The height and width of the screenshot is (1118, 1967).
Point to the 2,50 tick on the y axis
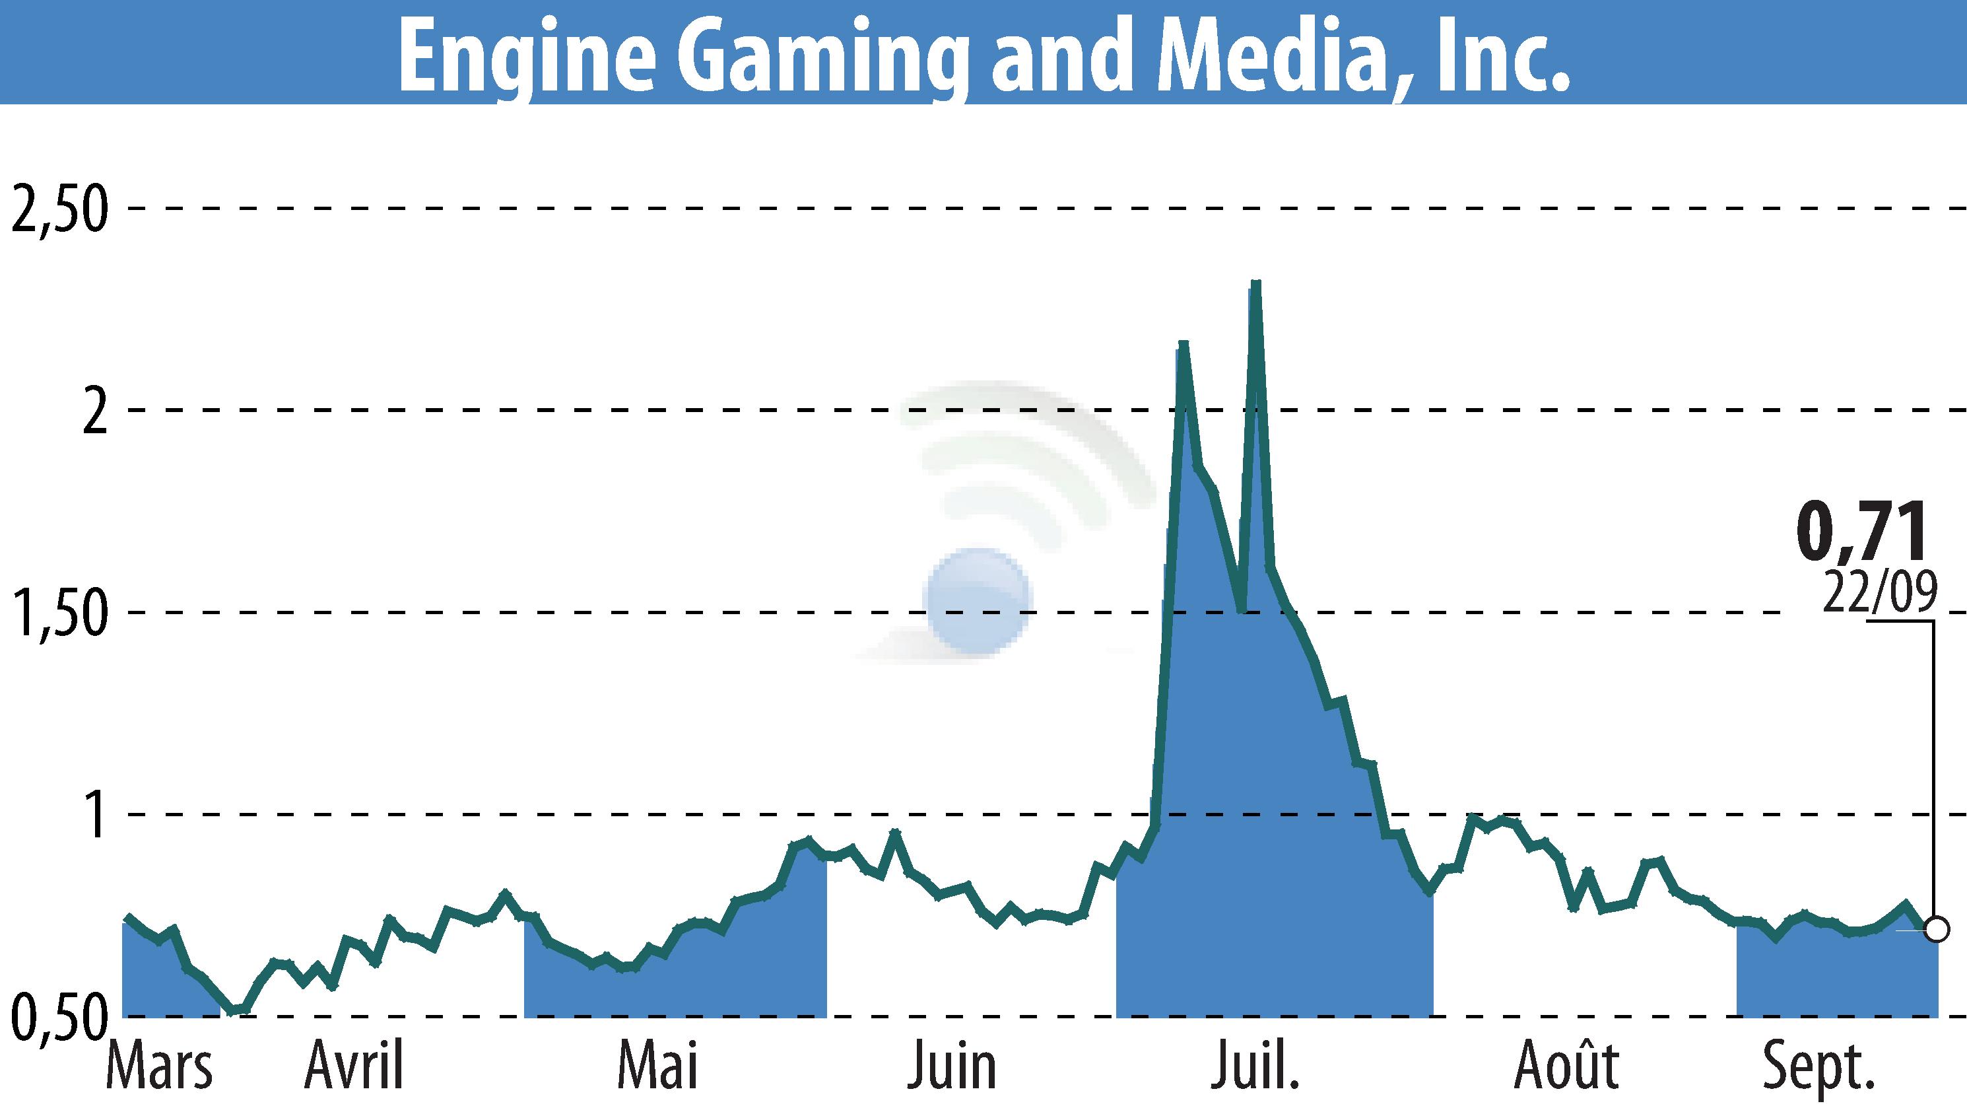point(58,209)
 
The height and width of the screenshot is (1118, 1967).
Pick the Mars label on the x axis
point(159,1067)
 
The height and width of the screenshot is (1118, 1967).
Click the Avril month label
point(354,1067)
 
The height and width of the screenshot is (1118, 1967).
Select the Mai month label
point(657,1067)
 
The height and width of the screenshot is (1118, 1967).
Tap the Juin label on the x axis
point(952,1067)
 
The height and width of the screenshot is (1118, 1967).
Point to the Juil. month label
point(1255,1067)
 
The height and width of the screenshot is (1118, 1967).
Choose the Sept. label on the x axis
point(1819,1067)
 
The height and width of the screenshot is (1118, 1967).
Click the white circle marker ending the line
point(1937,930)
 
